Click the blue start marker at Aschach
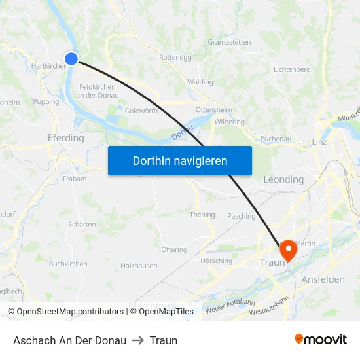point(71,59)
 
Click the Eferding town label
point(65,138)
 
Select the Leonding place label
point(283,179)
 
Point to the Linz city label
point(319,142)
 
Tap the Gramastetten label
point(229,42)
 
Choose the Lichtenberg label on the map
point(292,69)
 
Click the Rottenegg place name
point(175,57)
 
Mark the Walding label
point(200,82)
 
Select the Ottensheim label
point(214,110)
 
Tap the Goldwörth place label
point(141,111)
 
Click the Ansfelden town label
point(323,279)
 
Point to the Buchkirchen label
point(68,264)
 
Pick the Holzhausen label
point(139,266)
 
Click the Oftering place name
point(174,250)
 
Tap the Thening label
point(202,215)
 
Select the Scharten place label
point(82,224)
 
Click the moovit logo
point(320,340)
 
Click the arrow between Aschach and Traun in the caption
point(137,340)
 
